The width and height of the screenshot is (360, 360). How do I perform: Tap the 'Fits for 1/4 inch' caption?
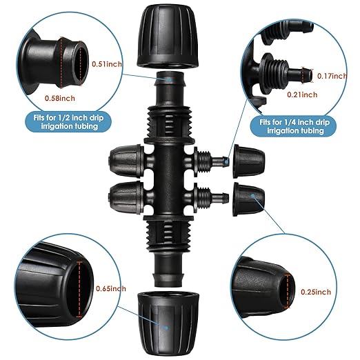(x=294, y=126)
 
